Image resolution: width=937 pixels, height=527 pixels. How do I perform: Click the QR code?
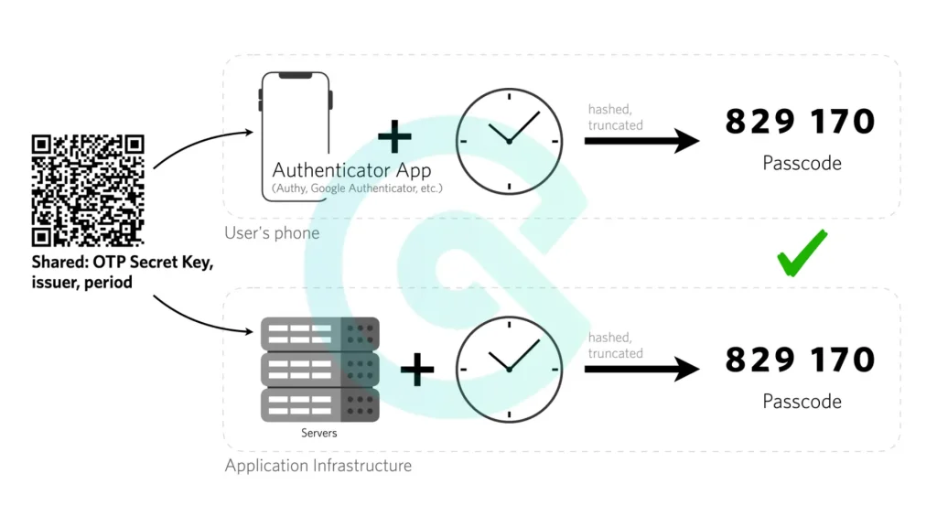pyautogui.click(x=88, y=190)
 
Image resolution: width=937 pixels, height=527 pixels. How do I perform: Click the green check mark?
pyautogui.click(x=802, y=253)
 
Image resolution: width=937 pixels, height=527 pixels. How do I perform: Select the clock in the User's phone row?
pyautogui.click(x=509, y=141)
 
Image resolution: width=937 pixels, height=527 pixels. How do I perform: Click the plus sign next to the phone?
pyautogui.click(x=395, y=136)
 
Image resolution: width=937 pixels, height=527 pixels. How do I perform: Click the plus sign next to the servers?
pyautogui.click(x=417, y=369)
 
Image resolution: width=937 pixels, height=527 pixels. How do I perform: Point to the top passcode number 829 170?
pyautogui.click(x=800, y=122)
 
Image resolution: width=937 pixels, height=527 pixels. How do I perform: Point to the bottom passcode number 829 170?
pyautogui.click(x=800, y=360)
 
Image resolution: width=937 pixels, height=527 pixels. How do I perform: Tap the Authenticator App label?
pyautogui.click(x=351, y=170)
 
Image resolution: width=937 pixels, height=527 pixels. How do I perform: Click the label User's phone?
pyautogui.click(x=272, y=233)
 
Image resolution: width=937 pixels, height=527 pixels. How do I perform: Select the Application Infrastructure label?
pyautogui.click(x=318, y=466)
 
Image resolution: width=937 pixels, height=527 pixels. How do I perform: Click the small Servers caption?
pyautogui.click(x=319, y=433)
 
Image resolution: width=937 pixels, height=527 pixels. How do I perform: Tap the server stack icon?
pyautogui.click(x=319, y=369)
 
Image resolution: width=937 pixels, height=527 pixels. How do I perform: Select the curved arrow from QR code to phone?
pyautogui.click(x=201, y=146)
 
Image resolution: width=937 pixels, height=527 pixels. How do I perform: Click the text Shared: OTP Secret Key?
pyautogui.click(x=123, y=263)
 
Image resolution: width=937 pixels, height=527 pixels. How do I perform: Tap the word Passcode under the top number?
pyautogui.click(x=802, y=164)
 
